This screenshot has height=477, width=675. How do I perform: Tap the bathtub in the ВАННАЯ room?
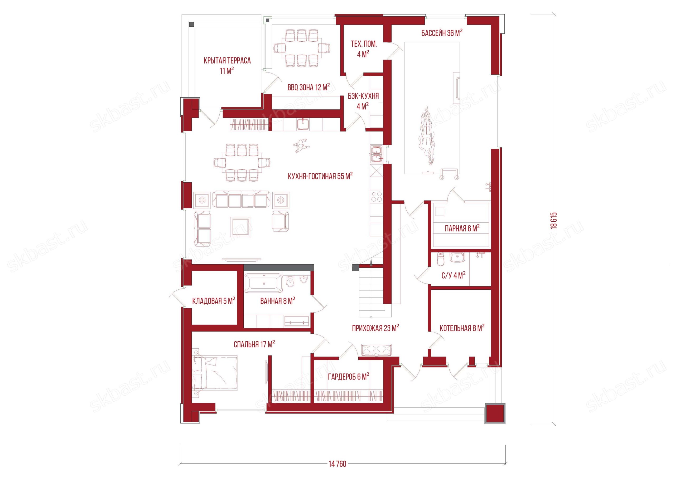coord(263,283)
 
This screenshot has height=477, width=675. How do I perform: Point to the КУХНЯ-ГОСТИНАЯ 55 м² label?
coord(320,176)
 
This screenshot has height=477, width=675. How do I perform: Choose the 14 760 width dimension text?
coord(337,464)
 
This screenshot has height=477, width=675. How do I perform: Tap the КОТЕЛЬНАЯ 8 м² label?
coord(462,328)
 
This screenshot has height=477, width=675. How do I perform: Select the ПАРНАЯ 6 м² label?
coord(462,228)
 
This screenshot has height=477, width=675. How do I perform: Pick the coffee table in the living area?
coord(240,227)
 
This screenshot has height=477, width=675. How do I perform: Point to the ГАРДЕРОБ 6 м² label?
coord(349,377)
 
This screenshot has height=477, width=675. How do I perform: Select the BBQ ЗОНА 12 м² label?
coord(308,87)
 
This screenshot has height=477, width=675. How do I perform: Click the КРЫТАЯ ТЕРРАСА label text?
coord(227,61)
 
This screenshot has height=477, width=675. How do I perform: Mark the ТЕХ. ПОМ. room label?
coord(364,44)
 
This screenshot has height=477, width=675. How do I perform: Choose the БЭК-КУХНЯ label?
coord(363,96)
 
